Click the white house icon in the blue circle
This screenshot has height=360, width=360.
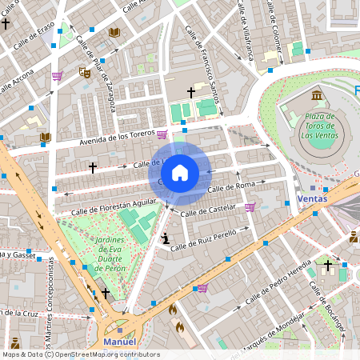point(180,172)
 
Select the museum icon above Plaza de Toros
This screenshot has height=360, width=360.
point(318,96)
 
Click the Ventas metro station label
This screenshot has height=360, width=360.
point(311,198)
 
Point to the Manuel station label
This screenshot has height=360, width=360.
point(120,342)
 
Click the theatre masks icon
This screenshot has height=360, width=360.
point(84,73)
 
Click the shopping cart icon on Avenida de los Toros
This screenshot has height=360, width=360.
point(162,134)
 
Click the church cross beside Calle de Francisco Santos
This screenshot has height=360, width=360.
point(190,93)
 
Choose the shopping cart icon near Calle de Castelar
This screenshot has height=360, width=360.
point(250,207)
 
